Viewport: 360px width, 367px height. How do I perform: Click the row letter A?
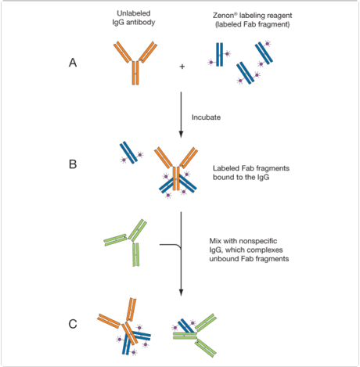tap(72, 65)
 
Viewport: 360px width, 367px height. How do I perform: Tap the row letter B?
tap(72, 165)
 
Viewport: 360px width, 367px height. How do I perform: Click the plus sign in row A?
tap(183, 68)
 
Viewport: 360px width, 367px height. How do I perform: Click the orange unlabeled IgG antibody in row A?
tap(135, 63)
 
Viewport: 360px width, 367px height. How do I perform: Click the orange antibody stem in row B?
tap(177, 175)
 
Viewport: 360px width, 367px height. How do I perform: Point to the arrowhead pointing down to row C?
tap(181, 295)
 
